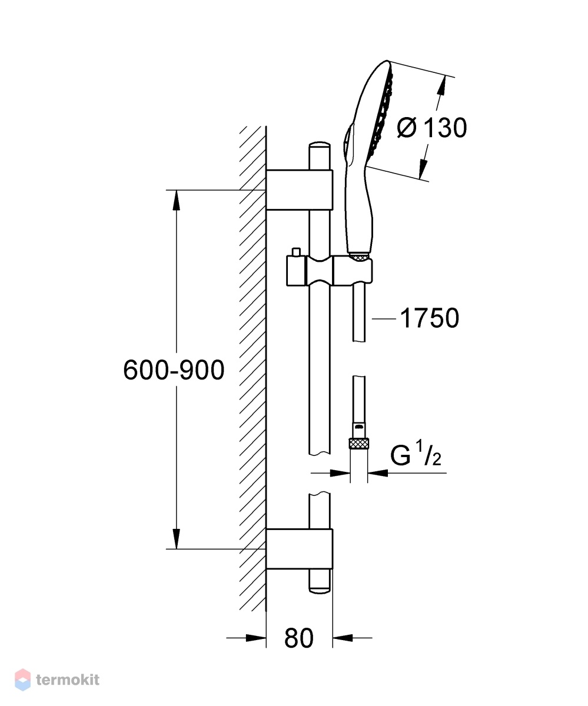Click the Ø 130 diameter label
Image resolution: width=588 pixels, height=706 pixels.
(431, 128)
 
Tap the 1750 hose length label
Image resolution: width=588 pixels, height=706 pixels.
(430, 318)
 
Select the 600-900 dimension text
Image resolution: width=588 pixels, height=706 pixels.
(174, 370)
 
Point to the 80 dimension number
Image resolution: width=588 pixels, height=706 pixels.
(299, 638)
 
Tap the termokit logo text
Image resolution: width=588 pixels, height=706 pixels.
(68, 680)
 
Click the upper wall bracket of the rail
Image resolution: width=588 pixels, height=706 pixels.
(300, 189)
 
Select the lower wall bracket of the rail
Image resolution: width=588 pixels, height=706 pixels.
(300, 549)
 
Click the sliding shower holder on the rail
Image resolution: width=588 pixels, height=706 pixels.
(329, 271)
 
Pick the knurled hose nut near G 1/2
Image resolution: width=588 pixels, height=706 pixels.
(358, 444)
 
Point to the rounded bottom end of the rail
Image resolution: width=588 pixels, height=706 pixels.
(320, 589)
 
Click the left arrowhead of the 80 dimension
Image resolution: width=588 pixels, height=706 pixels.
(256, 638)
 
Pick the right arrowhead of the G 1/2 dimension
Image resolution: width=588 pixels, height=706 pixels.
(377, 473)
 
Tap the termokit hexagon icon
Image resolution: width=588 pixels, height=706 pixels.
(23, 680)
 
